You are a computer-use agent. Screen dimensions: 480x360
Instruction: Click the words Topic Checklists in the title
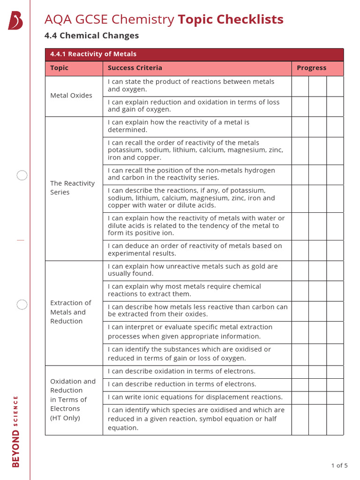(x=230, y=20)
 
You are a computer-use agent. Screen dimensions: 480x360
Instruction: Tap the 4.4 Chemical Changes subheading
(x=91, y=36)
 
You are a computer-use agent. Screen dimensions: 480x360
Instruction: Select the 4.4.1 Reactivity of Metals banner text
(x=93, y=54)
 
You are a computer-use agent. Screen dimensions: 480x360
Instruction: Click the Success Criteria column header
(x=135, y=68)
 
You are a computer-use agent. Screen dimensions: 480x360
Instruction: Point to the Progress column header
(x=311, y=68)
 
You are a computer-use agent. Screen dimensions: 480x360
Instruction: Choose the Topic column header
(x=59, y=68)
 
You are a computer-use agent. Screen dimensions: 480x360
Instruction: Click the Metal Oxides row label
(x=71, y=96)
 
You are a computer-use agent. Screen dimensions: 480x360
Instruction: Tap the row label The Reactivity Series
(x=72, y=188)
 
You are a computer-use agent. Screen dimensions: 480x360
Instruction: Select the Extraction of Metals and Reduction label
(x=71, y=312)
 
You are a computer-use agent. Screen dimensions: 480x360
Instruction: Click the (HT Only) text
(x=65, y=418)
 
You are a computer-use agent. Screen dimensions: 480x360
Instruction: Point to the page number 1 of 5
(x=339, y=465)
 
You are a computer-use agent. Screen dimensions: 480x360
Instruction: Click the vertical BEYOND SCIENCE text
(x=16, y=431)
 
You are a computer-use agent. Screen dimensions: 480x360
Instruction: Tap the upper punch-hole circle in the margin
(x=22, y=176)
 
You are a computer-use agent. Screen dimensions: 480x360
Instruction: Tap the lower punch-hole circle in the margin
(x=22, y=305)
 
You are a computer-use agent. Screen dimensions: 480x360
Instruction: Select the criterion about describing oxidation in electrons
(x=182, y=371)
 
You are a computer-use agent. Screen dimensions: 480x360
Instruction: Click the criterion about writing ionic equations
(x=195, y=397)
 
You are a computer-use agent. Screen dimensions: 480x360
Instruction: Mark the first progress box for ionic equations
(x=300, y=397)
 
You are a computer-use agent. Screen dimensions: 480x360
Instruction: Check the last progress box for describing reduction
(x=335, y=384)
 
